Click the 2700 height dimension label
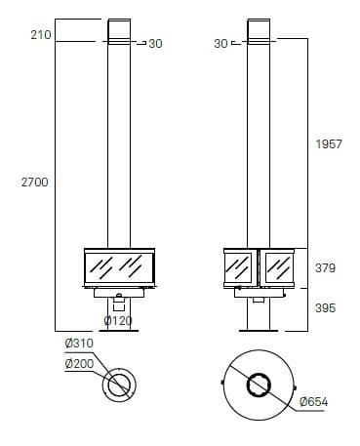(35, 182)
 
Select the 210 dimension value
(41, 35)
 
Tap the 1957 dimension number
(329, 144)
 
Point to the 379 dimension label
(325, 268)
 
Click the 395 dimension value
(325, 307)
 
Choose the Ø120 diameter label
(118, 321)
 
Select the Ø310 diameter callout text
(79, 344)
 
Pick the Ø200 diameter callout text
(79, 364)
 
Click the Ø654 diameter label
(314, 402)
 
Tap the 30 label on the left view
(155, 44)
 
